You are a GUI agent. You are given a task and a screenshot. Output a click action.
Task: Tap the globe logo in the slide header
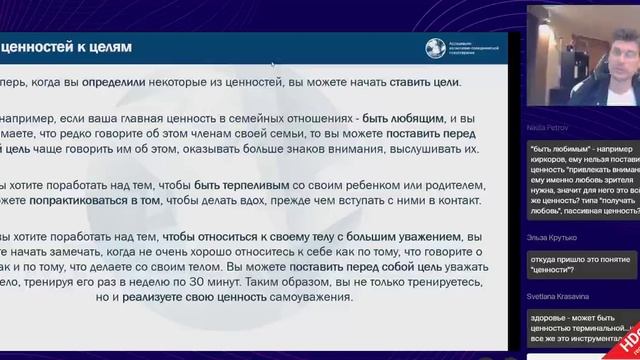[x=432, y=47]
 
